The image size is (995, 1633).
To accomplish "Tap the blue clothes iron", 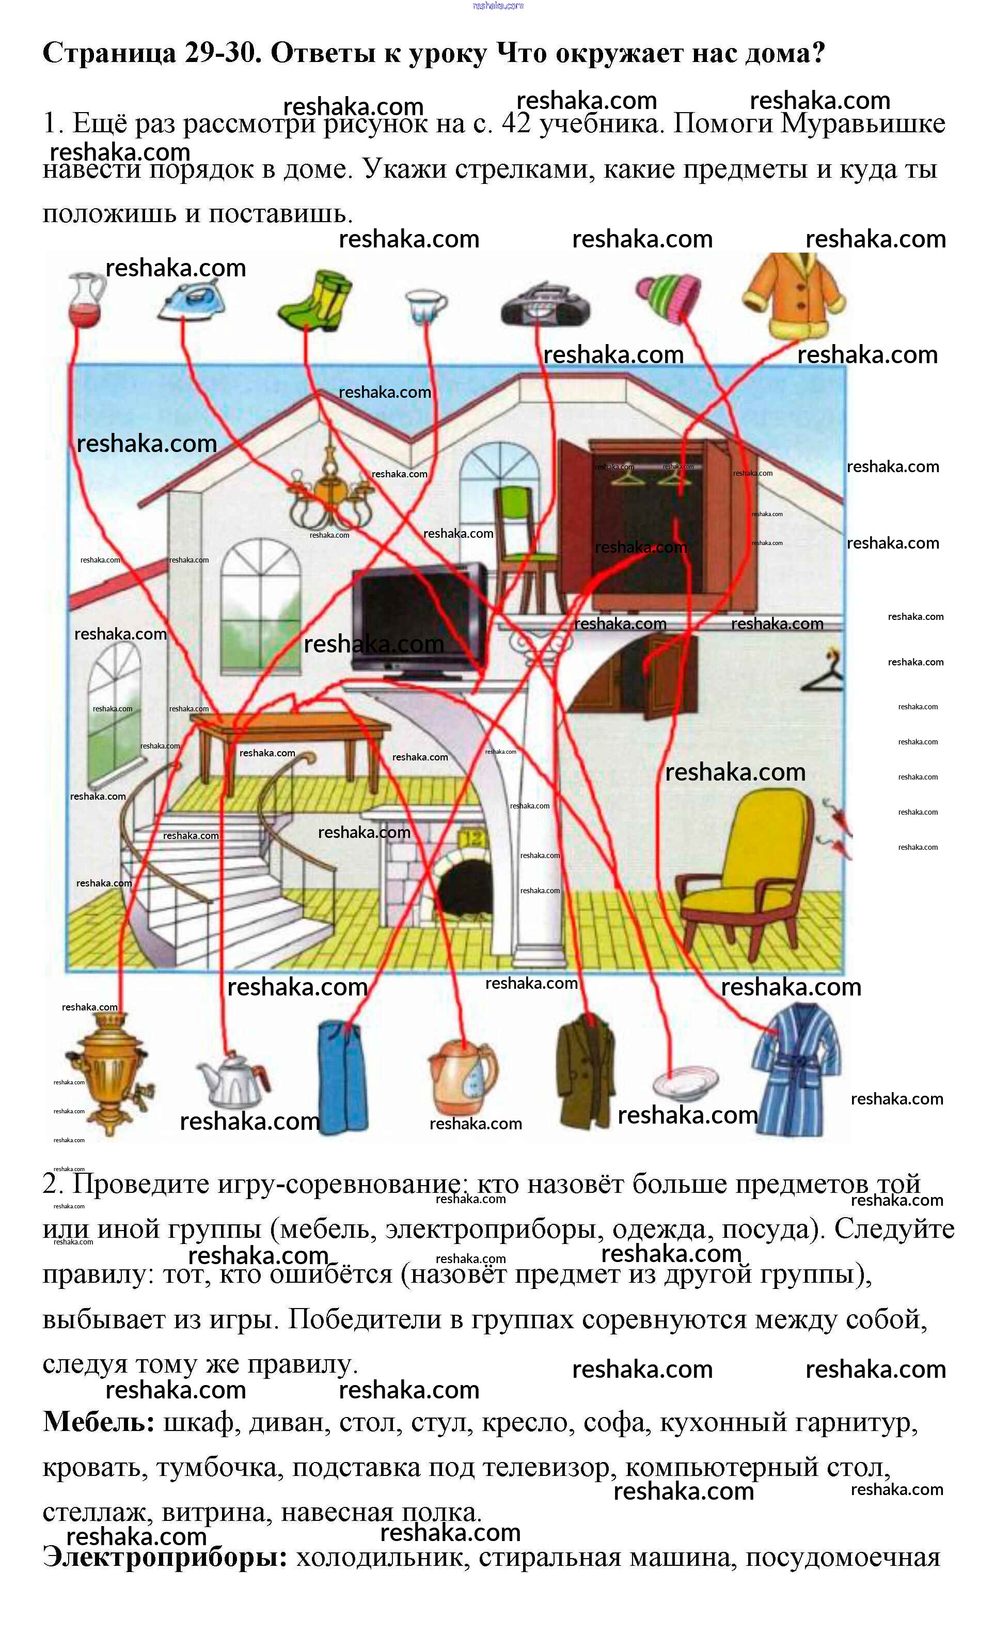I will click(192, 302).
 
